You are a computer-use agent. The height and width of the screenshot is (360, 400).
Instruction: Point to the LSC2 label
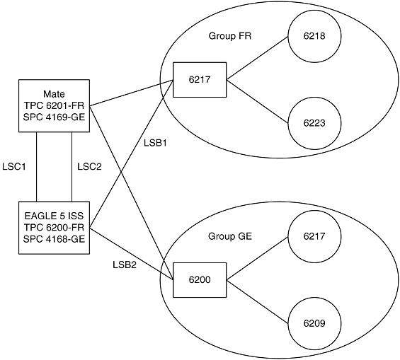click(88, 167)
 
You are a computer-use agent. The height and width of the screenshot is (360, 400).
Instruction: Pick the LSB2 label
click(125, 265)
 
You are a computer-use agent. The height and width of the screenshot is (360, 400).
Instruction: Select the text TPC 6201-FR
click(54, 105)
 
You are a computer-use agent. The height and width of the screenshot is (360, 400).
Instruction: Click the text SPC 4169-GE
click(54, 117)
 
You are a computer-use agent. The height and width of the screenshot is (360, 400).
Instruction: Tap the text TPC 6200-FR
click(54, 227)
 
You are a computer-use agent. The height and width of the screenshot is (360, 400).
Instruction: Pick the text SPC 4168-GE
click(54, 239)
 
